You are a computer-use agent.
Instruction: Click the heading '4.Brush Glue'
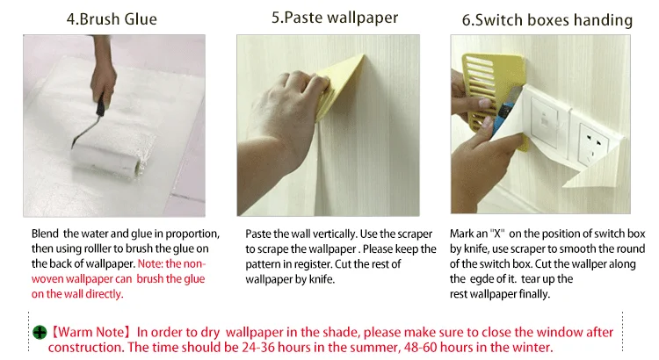tap(112, 19)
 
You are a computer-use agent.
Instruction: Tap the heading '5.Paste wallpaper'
tap(335, 18)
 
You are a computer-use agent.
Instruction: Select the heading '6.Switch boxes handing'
tap(547, 20)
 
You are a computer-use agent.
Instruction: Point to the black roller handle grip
tap(100, 105)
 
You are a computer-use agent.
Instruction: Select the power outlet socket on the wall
tap(592, 144)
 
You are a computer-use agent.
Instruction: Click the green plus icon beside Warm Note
tap(40, 333)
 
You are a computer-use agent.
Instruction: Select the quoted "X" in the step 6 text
tap(497, 234)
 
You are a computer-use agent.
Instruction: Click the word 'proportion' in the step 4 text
tap(192, 234)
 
